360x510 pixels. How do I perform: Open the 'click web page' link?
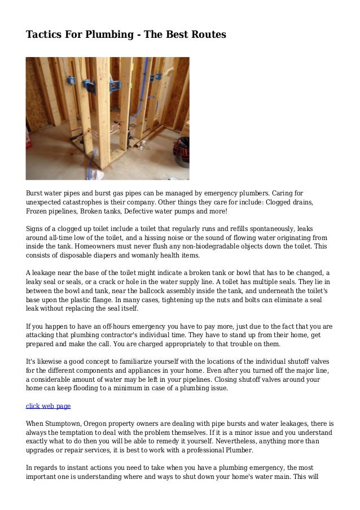(49, 406)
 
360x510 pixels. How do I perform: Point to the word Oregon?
(103, 423)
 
